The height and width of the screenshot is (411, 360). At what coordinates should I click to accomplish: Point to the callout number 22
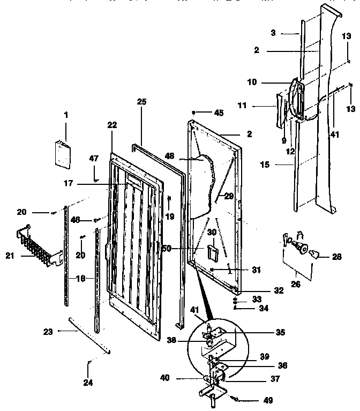tap(111, 124)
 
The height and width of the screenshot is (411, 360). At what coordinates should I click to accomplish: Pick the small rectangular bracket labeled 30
tap(212, 251)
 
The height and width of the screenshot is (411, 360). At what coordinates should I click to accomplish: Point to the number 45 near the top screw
tap(219, 113)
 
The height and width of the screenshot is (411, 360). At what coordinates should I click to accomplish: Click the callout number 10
tap(252, 82)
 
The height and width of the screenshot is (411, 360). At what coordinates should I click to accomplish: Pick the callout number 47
tap(94, 158)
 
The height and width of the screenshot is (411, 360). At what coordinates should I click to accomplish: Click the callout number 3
tap(273, 33)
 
